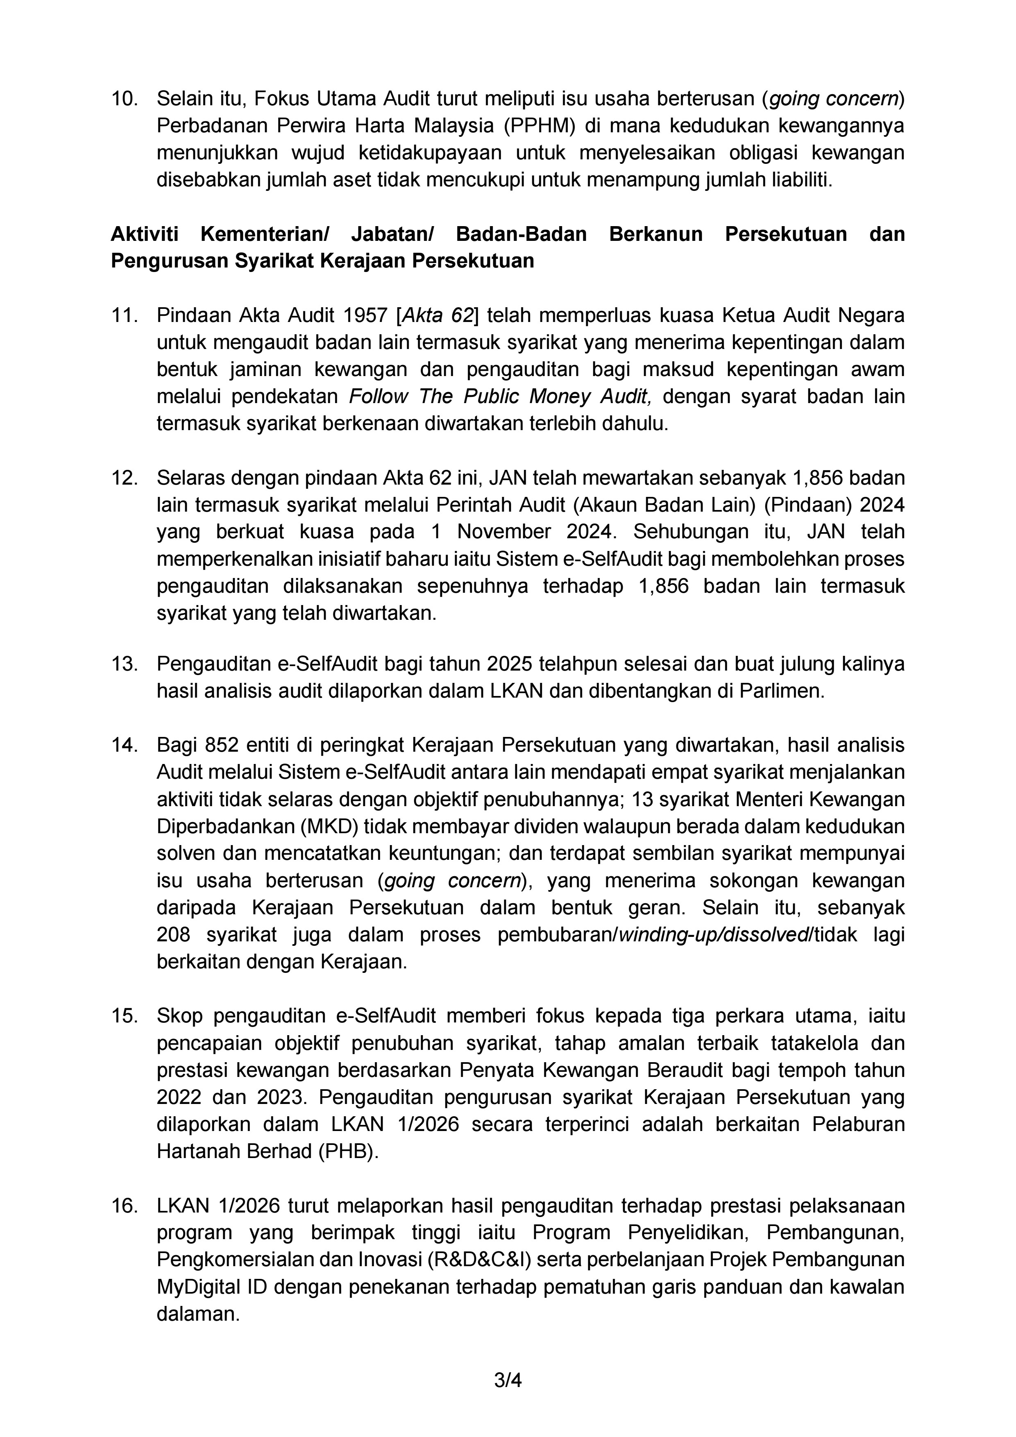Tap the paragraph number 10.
[x=124, y=99]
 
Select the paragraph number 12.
[x=124, y=478]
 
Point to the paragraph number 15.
[x=124, y=1016]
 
